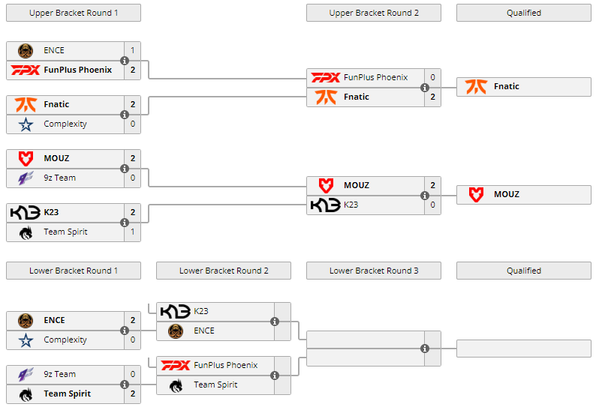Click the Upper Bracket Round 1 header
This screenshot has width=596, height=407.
pyautogui.click(x=73, y=13)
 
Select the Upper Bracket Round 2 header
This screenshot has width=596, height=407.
pyautogui.click(x=373, y=13)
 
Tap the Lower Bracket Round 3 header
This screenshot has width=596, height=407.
pyautogui.click(x=373, y=271)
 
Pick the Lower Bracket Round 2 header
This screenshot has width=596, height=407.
pyautogui.click(x=223, y=271)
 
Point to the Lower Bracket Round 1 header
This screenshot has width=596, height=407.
pyautogui.click(x=73, y=271)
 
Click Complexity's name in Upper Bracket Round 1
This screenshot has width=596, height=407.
pyautogui.click(x=65, y=124)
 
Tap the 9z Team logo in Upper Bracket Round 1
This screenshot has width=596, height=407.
pyautogui.click(x=26, y=178)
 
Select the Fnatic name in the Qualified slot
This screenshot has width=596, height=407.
pyautogui.click(x=506, y=86)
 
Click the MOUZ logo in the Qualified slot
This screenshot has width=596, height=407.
pyautogui.click(x=476, y=194)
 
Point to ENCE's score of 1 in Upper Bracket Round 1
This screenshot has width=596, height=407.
pyautogui.click(x=133, y=50)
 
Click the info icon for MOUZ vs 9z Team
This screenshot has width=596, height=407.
pyautogui.click(x=125, y=169)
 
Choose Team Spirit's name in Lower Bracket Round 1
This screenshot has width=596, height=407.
pyautogui.click(x=67, y=394)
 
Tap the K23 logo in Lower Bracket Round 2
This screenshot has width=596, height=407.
pyautogui.click(x=175, y=311)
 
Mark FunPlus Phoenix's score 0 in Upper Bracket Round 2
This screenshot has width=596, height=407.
pyautogui.click(x=432, y=77)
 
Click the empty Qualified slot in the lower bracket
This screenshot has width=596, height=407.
pyautogui.click(x=523, y=349)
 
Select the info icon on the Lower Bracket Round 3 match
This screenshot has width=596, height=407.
pyautogui.click(x=425, y=349)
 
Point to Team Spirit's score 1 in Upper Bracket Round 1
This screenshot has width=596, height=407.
pyautogui.click(x=133, y=232)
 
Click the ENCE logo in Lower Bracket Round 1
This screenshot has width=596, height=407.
pyautogui.click(x=26, y=320)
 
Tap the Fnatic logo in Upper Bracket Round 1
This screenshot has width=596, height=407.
pyautogui.click(x=26, y=104)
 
